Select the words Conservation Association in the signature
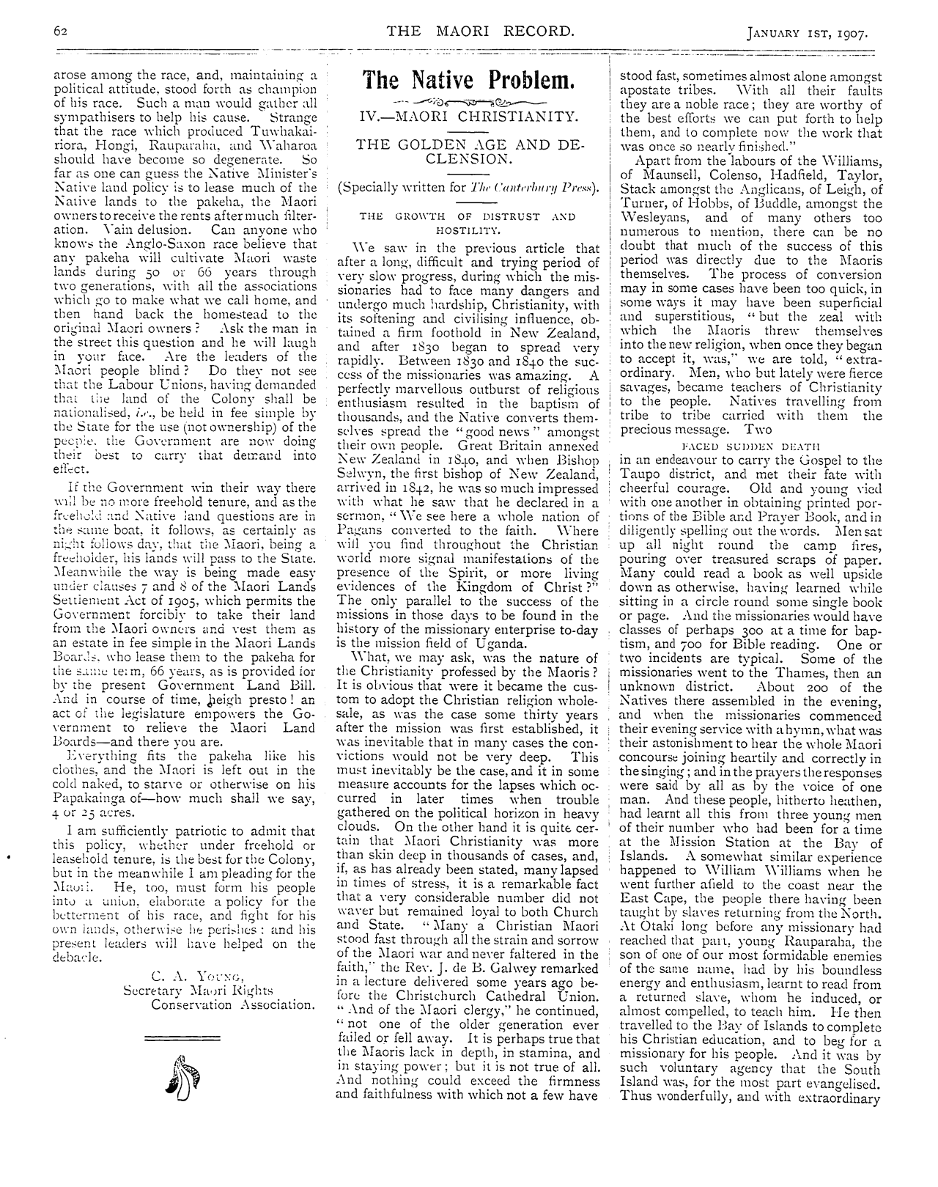click(233, 1004)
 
